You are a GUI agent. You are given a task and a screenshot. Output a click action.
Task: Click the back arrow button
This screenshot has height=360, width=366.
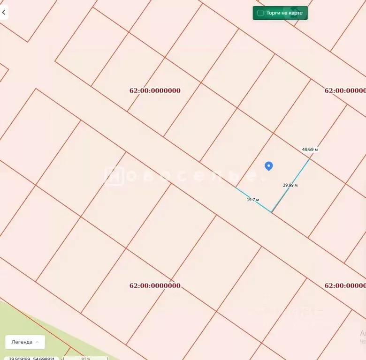pos(4,13)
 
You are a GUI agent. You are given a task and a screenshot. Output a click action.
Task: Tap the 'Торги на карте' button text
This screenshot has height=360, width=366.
pos(284,13)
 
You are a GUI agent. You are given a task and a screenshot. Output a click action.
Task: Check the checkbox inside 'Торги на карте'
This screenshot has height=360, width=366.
pos(260,13)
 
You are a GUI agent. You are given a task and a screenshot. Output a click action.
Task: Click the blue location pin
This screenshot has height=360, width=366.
pos(268,166)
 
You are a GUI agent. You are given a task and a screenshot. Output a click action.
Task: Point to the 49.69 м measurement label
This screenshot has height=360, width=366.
pos(310,150)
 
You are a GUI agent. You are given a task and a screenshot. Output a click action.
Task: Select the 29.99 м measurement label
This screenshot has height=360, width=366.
pos(290,185)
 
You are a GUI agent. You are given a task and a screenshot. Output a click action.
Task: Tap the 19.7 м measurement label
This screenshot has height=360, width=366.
pos(253,200)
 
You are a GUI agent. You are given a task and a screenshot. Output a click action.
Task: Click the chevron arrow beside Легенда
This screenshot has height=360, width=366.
pos(37,342)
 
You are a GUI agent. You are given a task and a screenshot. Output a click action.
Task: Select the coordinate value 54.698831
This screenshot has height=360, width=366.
pos(44,359)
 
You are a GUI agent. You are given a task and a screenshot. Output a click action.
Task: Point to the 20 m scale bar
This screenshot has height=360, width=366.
pos(85,359)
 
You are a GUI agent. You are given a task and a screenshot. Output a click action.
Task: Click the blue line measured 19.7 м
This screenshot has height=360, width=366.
pos(253,200)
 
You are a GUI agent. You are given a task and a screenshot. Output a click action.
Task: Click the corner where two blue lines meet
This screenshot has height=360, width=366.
pos(272,212)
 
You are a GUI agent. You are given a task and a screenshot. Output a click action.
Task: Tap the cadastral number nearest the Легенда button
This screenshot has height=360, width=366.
pos(155,285)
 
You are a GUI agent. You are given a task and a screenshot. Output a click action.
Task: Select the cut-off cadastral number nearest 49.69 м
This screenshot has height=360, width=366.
pos(345,90)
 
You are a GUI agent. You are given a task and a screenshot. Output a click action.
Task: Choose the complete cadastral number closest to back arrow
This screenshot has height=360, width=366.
pos(155,90)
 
